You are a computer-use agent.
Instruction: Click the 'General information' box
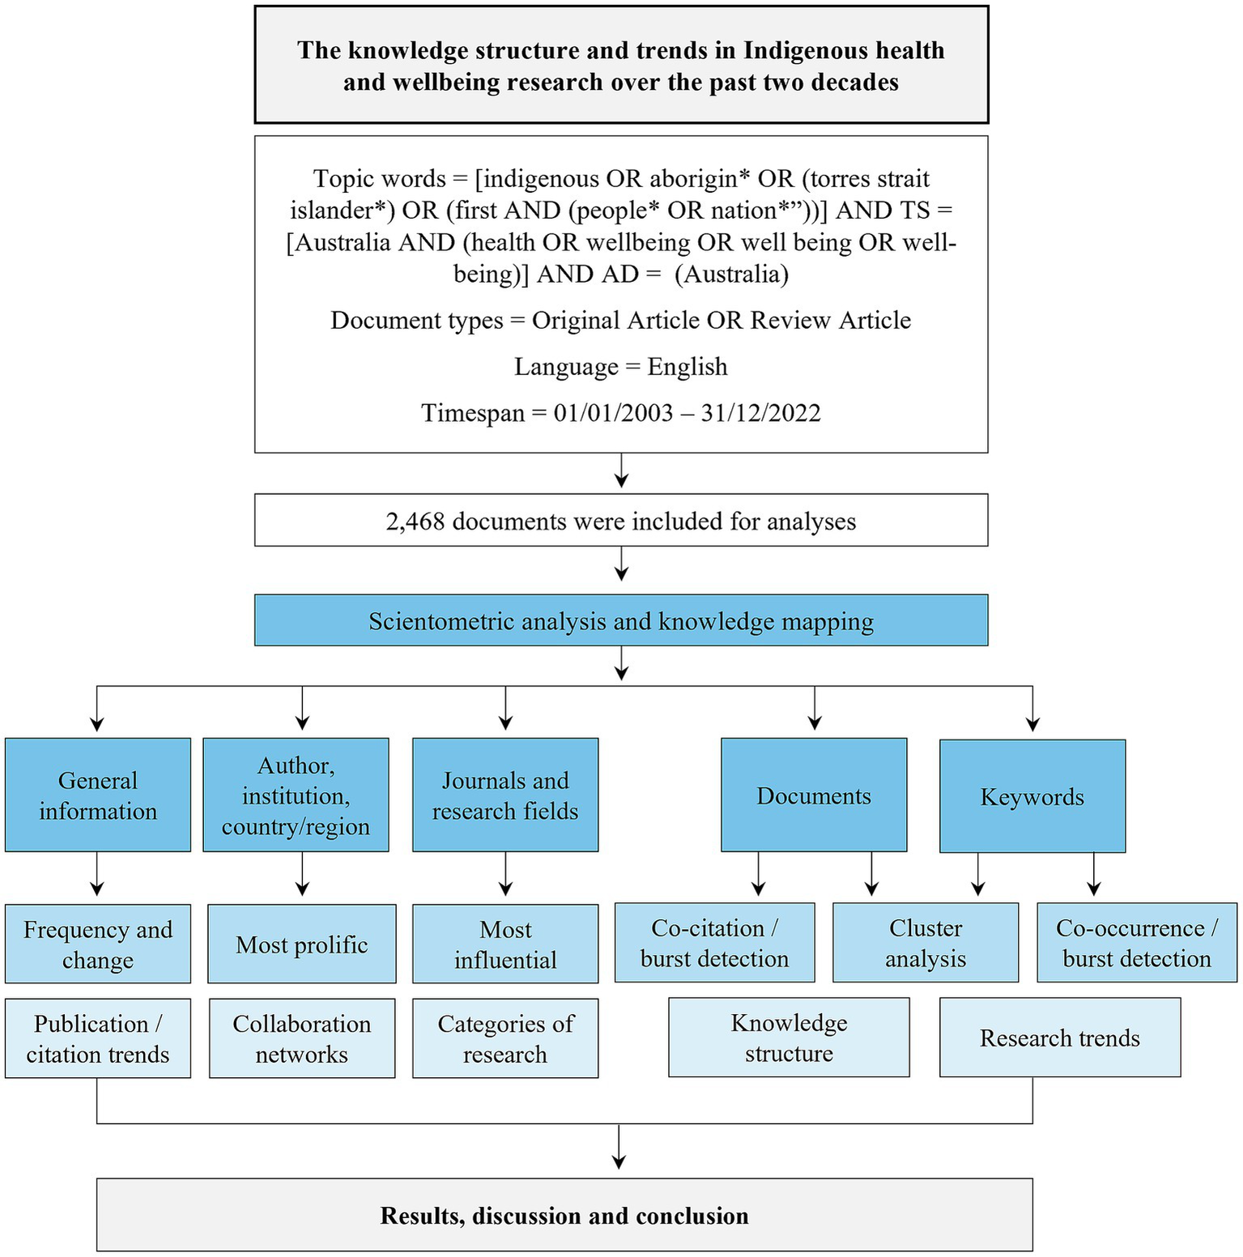point(98,795)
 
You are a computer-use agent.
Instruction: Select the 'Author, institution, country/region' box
point(296,795)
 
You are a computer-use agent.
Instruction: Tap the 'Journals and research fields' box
point(505,795)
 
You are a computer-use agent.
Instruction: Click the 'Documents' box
point(814,795)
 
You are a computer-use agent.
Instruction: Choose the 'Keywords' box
point(1032,796)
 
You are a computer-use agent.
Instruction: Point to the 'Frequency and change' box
point(98,944)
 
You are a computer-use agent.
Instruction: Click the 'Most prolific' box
point(302,944)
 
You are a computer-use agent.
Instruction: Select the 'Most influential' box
point(505,944)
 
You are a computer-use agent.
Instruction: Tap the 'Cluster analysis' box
point(926,943)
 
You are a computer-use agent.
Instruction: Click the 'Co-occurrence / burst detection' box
point(1137,943)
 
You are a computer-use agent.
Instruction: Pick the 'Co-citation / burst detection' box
point(714,943)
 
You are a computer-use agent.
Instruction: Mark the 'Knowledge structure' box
point(789,1037)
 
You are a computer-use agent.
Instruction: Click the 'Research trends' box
point(1060,1037)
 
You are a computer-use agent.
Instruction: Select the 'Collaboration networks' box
point(302,1038)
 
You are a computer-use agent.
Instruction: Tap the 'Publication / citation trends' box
point(98,1038)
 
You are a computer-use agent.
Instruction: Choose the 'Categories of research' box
point(505,1038)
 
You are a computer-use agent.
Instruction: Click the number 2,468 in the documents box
point(415,521)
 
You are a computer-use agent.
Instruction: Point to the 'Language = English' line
point(621,366)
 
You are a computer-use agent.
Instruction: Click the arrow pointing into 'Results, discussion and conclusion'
point(619,1150)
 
